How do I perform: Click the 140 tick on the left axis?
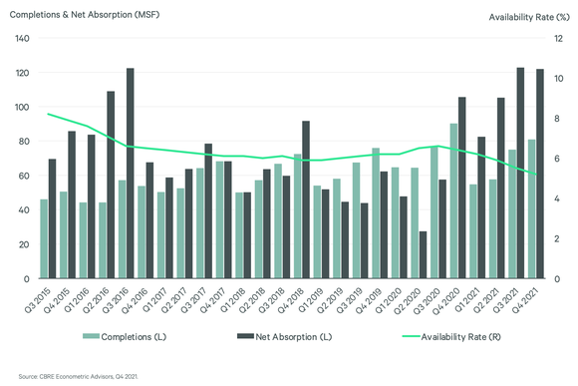[x=22, y=39]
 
